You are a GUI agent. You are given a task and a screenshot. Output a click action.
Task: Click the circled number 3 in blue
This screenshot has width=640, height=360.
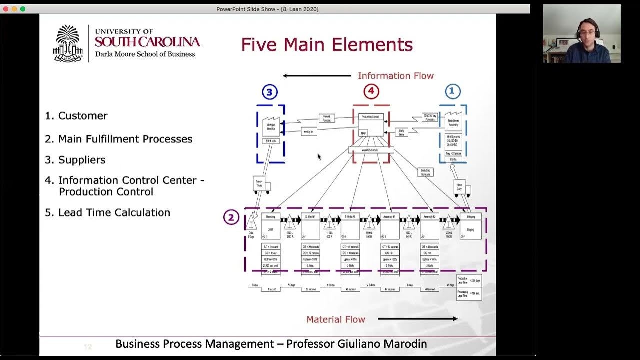point(270,92)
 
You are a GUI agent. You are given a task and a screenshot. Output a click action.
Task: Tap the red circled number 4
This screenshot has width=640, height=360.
point(371,91)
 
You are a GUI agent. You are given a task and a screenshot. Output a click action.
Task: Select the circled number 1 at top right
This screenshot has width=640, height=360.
point(452,91)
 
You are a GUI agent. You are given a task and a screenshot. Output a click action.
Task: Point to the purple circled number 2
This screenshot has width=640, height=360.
point(231,217)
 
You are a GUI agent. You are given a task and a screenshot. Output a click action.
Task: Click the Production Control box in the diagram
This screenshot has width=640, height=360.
point(371,124)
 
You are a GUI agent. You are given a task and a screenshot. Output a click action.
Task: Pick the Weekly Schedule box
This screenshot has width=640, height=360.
point(371,150)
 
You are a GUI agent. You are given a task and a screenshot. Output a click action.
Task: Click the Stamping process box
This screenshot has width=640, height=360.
point(271,226)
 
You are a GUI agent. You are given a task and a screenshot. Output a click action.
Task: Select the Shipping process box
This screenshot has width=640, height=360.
point(470,226)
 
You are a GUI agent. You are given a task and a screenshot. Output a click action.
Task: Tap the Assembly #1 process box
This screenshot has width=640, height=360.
point(390,226)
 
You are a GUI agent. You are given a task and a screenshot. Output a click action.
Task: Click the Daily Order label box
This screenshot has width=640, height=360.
point(401,132)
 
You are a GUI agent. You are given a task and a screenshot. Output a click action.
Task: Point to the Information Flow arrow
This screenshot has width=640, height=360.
point(317,76)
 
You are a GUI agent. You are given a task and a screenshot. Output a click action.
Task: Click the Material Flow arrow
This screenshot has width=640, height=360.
point(417,319)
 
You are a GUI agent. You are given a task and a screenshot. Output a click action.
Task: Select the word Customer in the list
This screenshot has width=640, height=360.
point(83,116)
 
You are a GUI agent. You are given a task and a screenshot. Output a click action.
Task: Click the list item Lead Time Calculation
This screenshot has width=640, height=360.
point(114,212)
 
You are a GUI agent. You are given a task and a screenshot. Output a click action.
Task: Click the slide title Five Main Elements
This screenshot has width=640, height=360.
point(327,45)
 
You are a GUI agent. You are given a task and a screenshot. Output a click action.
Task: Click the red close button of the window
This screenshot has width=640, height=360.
point(6,9)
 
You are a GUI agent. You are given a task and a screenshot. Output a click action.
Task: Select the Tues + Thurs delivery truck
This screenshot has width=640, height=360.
point(261,185)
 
